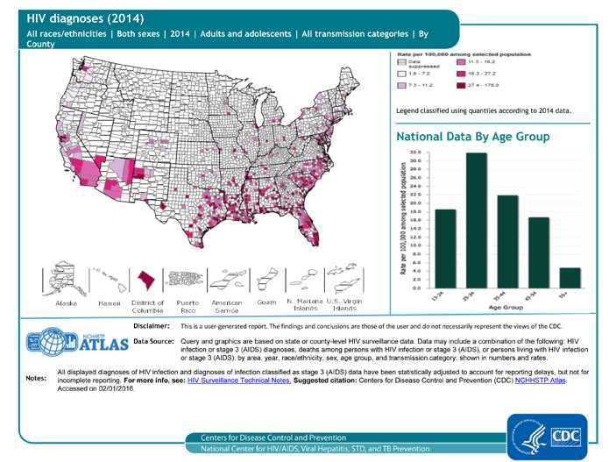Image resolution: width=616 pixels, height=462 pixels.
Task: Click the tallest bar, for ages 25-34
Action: [x=477, y=220]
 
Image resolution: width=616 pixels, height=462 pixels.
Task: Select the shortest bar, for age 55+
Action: [x=569, y=278]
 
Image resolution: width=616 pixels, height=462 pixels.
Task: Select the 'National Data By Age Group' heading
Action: [x=473, y=138]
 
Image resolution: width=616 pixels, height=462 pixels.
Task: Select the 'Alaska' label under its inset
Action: [x=67, y=302]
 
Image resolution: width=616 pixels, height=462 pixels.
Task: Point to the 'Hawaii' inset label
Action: [x=109, y=302]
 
